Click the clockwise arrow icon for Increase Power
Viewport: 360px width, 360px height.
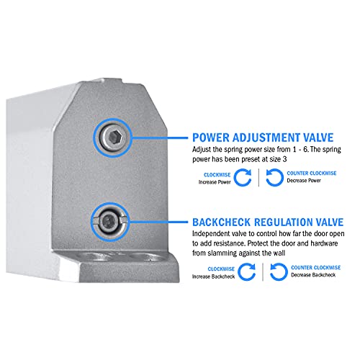[243, 178]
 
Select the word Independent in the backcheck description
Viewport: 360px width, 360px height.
[215, 234]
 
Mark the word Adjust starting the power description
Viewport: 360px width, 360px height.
[204, 148]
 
